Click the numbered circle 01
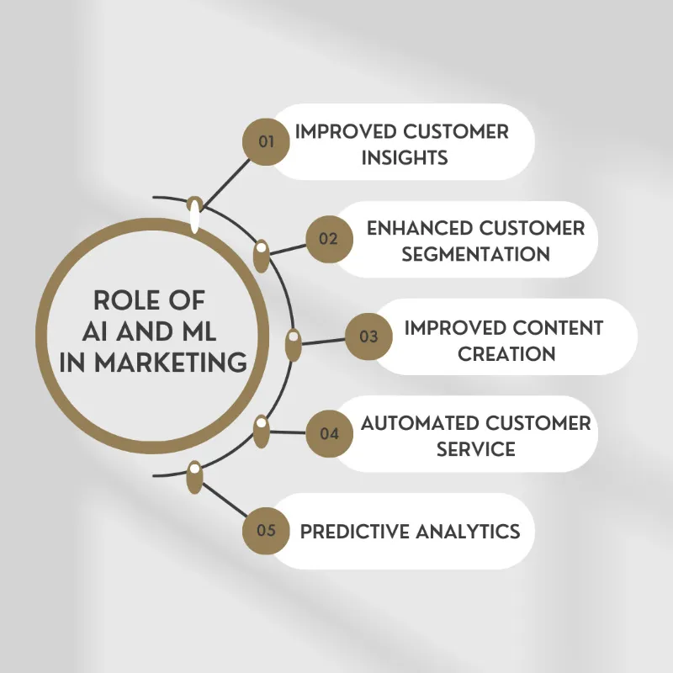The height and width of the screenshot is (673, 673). click(x=267, y=141)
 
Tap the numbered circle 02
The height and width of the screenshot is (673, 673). click(x=328, y=239)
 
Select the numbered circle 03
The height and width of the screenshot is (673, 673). click(x=368, y=336)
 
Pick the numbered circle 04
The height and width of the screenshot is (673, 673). click(x=328, y=434)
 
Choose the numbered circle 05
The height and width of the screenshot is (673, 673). click(x=267, y=531)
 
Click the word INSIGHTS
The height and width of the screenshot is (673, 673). click(x=404, y=157)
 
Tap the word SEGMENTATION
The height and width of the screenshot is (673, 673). click(x=475, y=253)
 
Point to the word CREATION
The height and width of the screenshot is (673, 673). click(x=506, y=353)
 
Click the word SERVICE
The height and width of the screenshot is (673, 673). click(x=475, y=449)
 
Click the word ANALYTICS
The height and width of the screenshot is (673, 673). click(x=470, y=531)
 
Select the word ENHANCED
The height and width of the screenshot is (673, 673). click(x=418, y=228)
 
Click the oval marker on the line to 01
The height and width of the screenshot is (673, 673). click(x=195, y=215)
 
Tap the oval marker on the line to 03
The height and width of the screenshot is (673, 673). click(x=293, y=345)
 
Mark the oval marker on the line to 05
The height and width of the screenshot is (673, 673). click(x=195, y=477)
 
